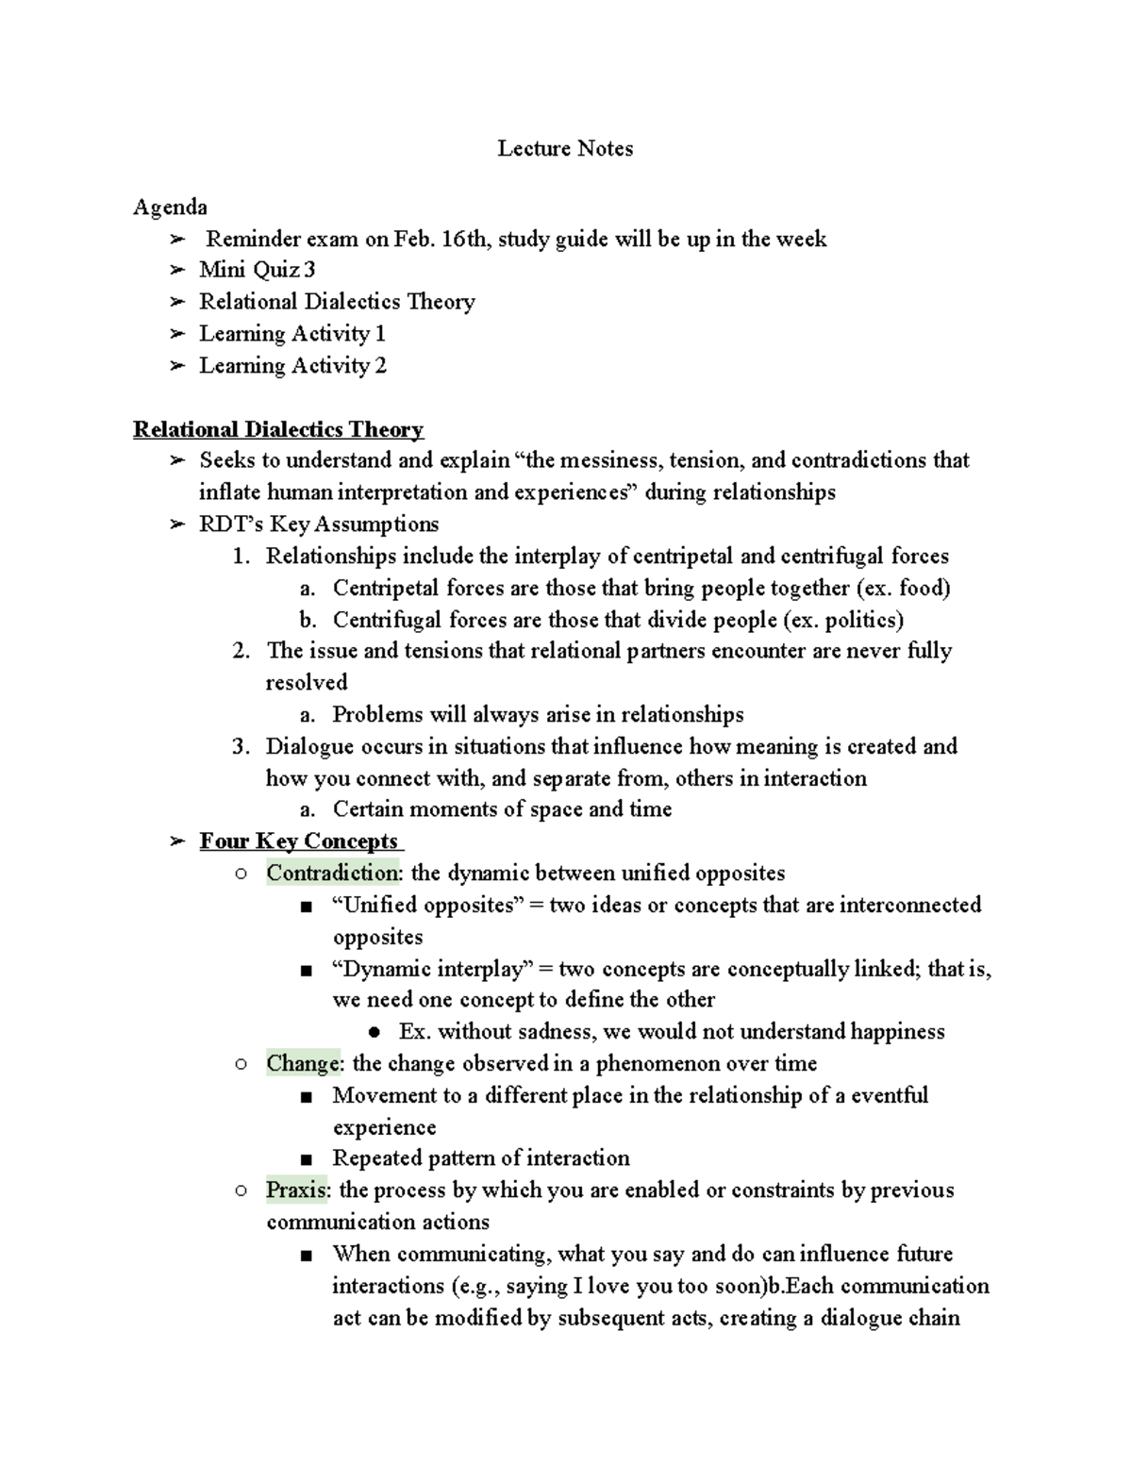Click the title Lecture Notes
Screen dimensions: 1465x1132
(565, 149)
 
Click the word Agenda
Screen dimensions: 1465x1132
(170, 208)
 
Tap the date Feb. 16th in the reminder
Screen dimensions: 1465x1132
(441, 240)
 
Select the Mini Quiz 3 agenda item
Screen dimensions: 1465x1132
(257, 271)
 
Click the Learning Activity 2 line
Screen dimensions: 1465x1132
(292, 366)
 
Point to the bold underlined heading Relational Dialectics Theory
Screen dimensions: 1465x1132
(278, 430)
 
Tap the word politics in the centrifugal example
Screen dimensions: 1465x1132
(860, 621)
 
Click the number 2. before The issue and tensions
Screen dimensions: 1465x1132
(241, 651)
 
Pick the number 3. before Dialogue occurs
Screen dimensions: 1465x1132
(241, 747)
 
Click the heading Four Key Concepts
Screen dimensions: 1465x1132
(299, 842)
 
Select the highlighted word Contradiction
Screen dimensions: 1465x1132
(332, 874)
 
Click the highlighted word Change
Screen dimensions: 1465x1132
(303, 1064)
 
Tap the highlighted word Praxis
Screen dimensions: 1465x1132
(296, 1190)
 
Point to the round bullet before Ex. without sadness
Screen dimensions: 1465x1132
(374, 1033)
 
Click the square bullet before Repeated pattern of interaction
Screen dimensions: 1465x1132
(306, 1159)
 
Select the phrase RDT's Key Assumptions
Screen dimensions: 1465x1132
(319, 524)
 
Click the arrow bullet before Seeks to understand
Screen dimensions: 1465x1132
(176, 461)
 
